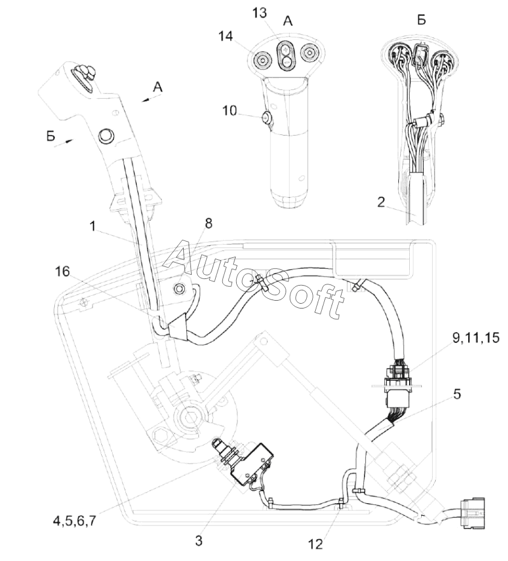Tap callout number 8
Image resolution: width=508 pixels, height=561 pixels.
pos(208,223)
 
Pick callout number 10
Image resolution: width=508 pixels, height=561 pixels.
pos(229,111)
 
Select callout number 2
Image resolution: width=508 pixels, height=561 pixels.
pos(381,202)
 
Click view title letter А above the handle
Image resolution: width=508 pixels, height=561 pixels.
pos(288,21)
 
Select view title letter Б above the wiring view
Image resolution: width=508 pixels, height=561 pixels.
pos(421,20)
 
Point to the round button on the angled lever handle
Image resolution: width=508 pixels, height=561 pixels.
pos(107,136)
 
